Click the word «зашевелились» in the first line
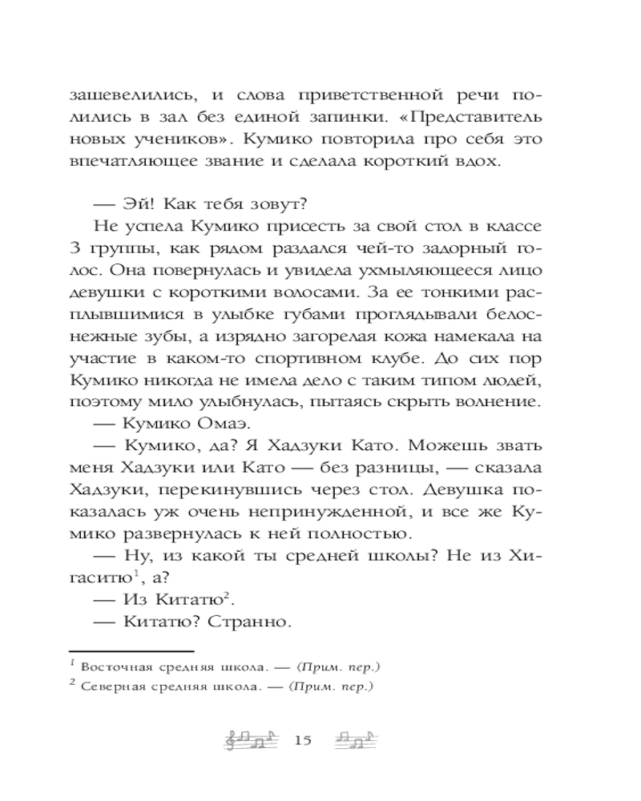(x=129, y=92)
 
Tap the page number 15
(x=303, y=740)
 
